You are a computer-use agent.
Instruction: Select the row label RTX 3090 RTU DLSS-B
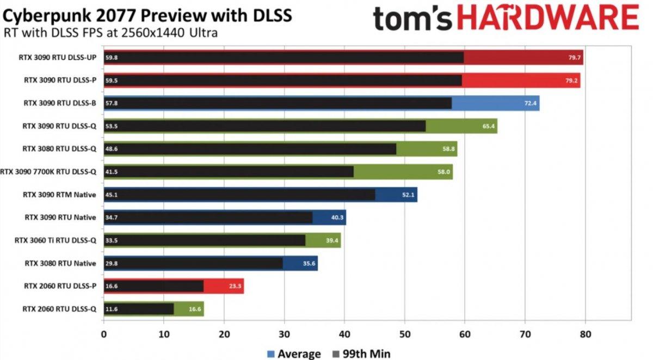coord(60,103)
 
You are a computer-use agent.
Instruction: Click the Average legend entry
coord(294,354)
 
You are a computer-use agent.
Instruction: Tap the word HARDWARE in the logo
coord(547,18)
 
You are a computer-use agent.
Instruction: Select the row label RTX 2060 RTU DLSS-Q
coord(60,309)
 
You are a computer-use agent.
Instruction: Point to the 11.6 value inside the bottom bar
coord(112,309)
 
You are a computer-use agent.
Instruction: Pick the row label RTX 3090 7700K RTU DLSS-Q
coord(48,172)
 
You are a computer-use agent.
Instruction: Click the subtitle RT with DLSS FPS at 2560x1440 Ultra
coord(110,33)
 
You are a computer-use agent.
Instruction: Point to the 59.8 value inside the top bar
coord(112,58)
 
